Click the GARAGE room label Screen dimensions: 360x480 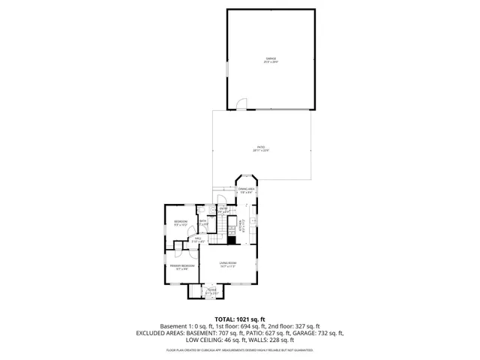click(x=270, y=59)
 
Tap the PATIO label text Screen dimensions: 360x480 click(x=260, y=148)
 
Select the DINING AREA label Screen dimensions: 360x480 click(x=247, y=190)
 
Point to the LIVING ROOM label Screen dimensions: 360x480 click(x=228, y=263)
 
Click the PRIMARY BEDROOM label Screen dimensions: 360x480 click(x=182, y=267)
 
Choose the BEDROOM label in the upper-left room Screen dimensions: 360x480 click(x=181, y=222)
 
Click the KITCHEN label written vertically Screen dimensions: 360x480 click(x=241, y=223)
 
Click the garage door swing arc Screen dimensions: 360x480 click(x=241, y=104)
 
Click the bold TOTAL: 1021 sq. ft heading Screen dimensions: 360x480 click(x=239, y=319)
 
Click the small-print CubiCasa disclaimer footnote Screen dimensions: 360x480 click(x=239, y=349)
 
